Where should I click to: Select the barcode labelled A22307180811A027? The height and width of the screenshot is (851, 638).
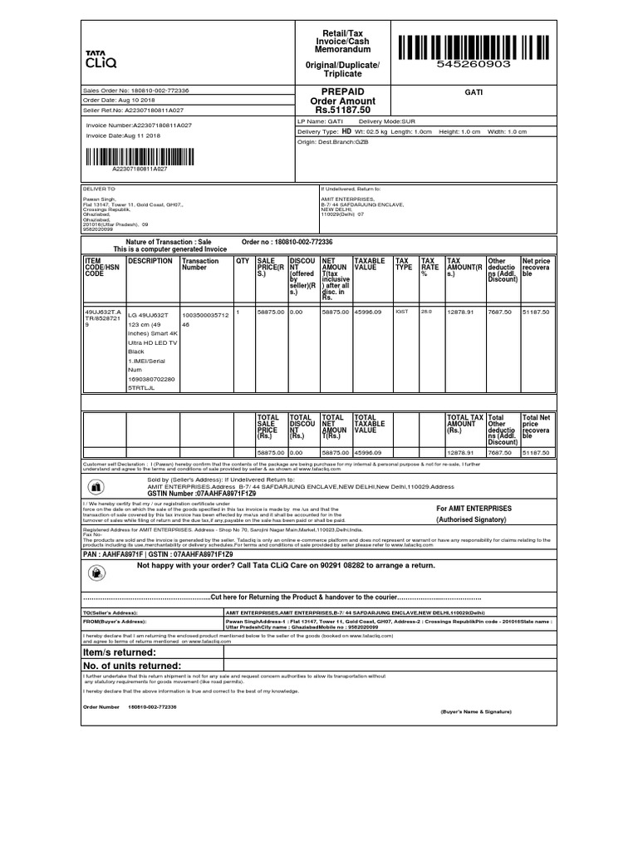(x=138, y=155)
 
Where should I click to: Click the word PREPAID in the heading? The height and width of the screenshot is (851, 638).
(x=342, y=91)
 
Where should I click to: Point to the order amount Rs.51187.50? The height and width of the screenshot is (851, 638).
(x=342, y=110)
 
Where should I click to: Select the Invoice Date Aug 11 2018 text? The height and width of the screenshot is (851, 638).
(x=124, y=135)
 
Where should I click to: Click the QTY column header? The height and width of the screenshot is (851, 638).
(x=243, y=261)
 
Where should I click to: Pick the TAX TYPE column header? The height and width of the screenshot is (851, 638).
(x=403, y=264)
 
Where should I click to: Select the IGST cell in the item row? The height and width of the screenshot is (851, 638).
(x=402, y=312)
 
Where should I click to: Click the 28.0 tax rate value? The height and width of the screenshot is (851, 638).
(x=427, y=312)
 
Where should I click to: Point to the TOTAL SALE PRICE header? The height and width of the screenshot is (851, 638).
(x=268, y=427)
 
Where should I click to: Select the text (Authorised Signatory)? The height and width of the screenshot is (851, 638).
(x=471, y=519)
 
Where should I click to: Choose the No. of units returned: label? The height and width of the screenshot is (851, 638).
(x=132, y=667)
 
